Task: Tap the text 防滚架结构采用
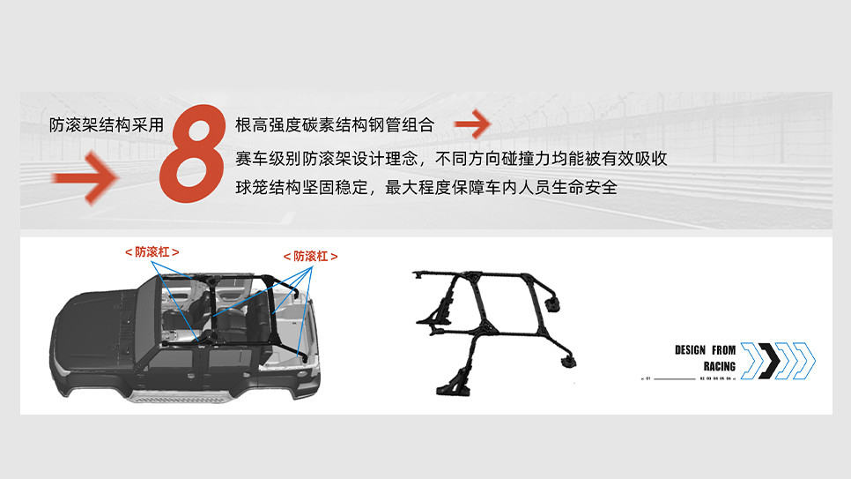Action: [x=107, y=125]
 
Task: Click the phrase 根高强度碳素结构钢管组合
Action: [x=335, y=125]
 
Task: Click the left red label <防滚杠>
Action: [x=152, y=252]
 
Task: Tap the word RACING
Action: [x=720, y=366]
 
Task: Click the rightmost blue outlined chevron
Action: [x=803, y=360]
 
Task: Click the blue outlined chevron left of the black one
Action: [x=751, y=360]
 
